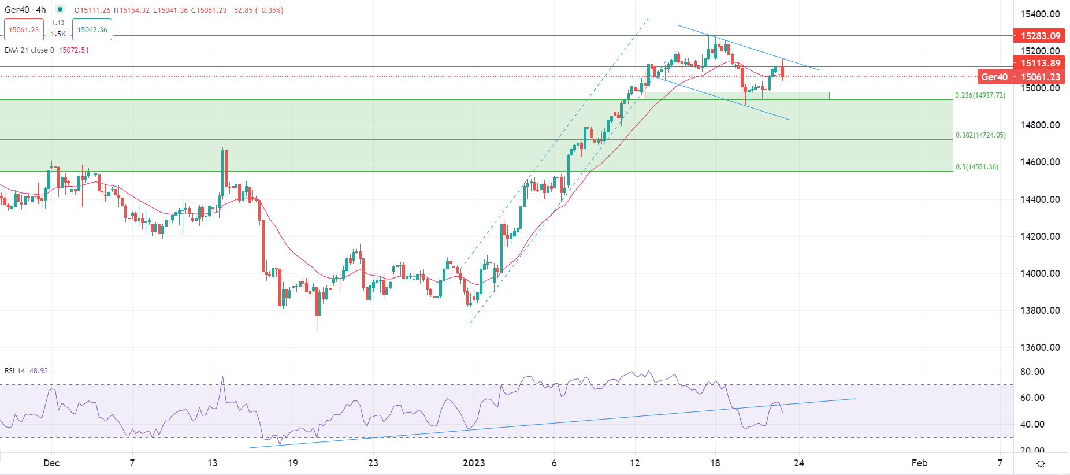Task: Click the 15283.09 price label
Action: (1040, 36)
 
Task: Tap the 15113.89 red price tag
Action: (1040, 64)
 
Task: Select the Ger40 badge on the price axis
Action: (994, 77)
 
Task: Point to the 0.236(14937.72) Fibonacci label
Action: (980, 95)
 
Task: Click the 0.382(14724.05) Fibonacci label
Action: (980, 135)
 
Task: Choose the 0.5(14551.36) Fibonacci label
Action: (976, 167)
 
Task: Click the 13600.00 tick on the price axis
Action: (1040, 347)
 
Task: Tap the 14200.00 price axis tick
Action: (1040, 236)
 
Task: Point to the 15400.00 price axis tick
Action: (1040, 14)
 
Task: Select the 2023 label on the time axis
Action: (474, 463)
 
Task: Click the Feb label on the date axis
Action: (919, 463)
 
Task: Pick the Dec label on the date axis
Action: (51, 463)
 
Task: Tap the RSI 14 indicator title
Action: (15, 371)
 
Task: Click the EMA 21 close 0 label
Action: (29, 50)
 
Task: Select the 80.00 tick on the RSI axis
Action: (1032, 372)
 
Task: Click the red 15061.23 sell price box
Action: (24, 30)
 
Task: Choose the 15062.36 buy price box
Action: (92, 30)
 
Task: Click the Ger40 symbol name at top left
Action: (17, 10)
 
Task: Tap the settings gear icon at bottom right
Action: (1041, 463)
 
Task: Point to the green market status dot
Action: (60, 9)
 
